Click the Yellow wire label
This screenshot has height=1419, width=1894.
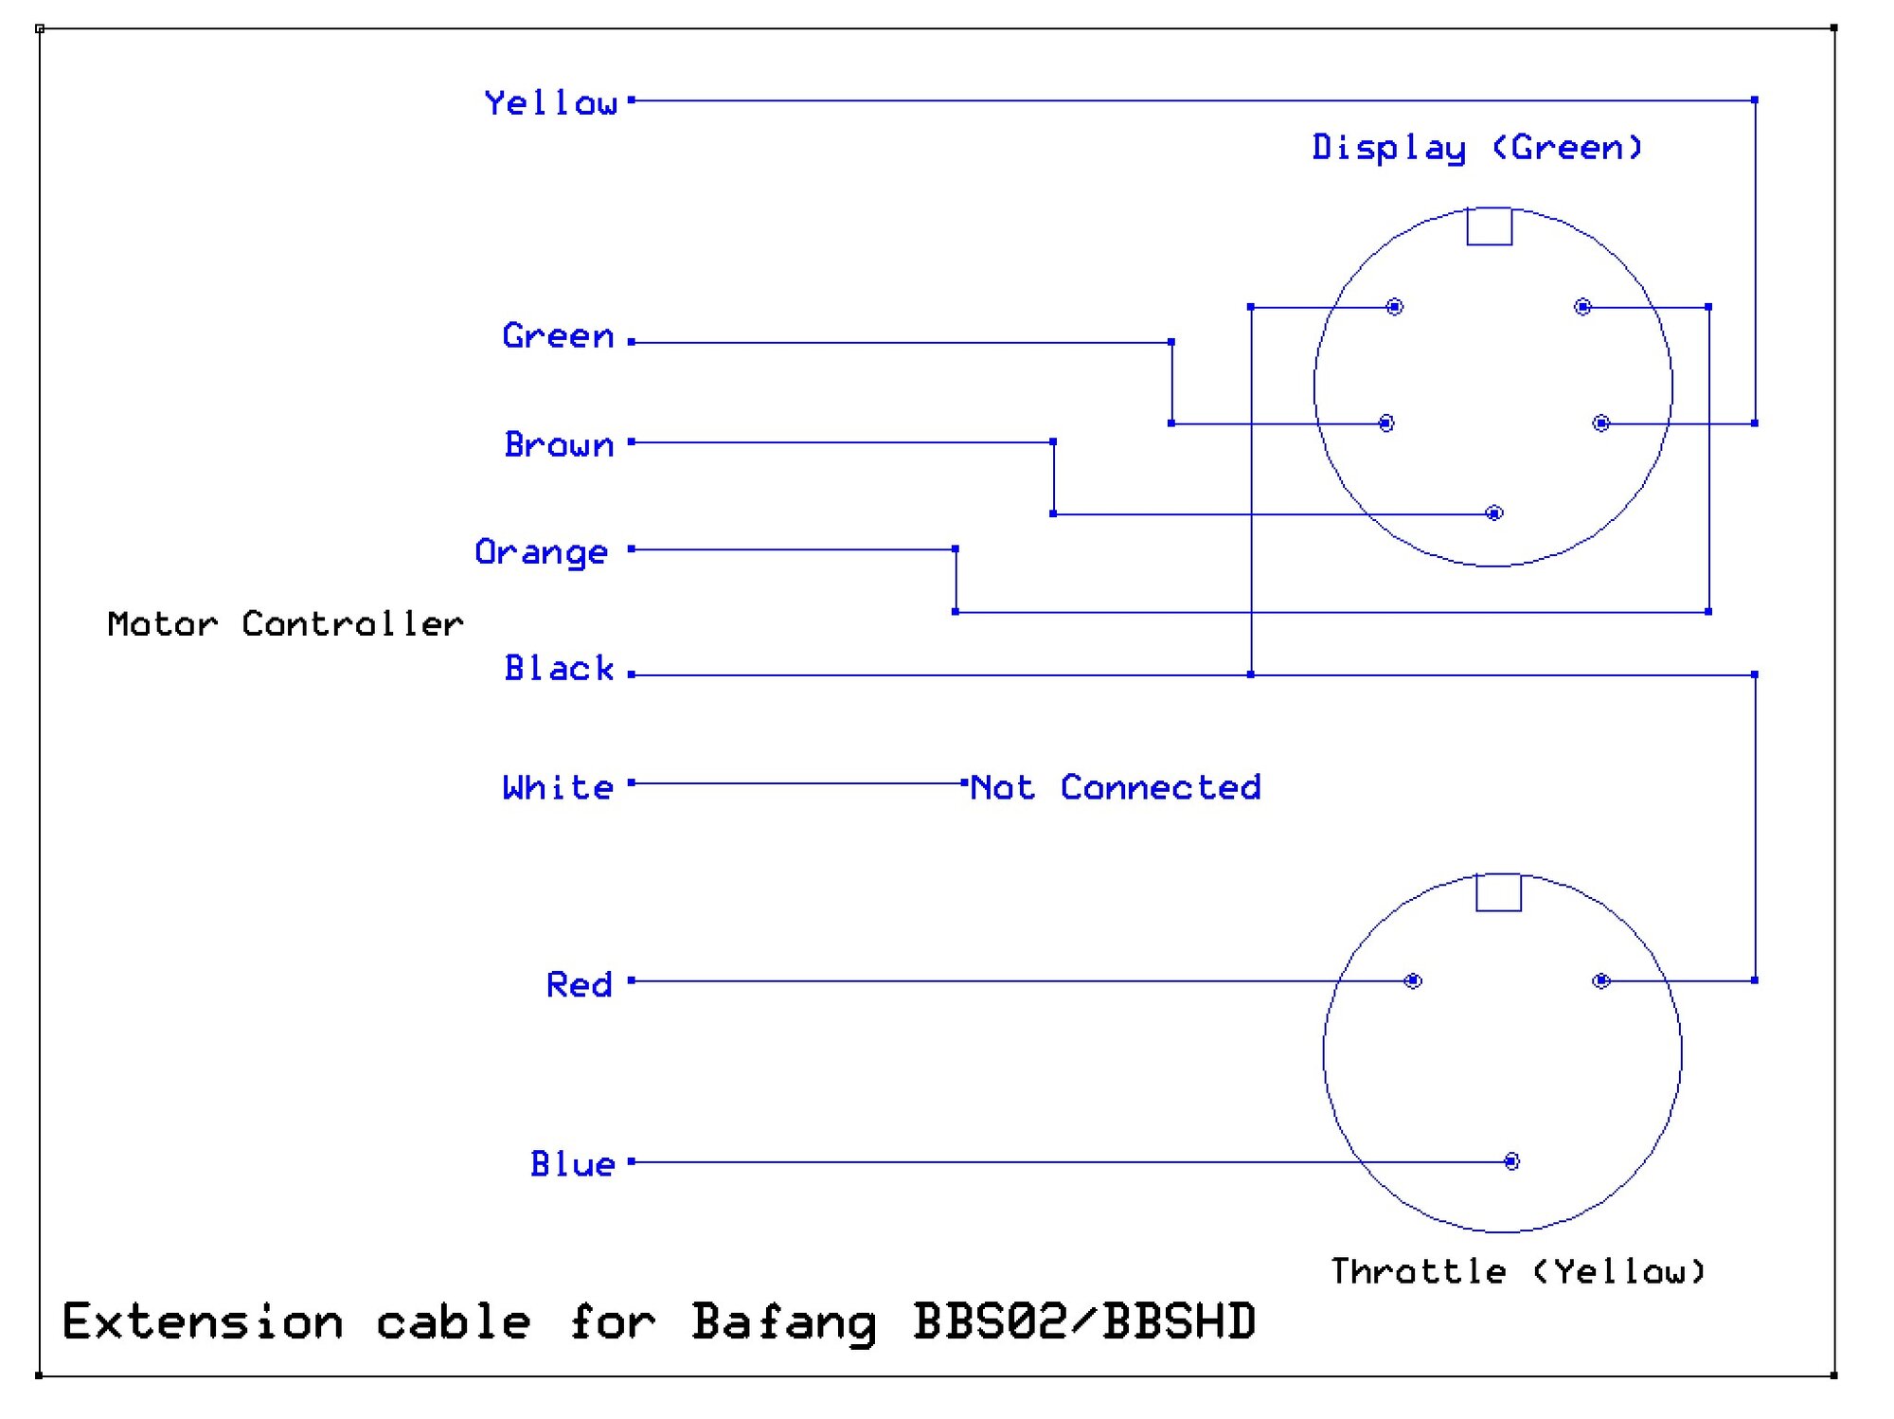coord(550,102)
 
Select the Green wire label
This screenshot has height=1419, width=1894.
coord(558,336)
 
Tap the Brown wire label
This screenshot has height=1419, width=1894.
coord(559,444)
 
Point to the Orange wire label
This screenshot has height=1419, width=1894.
coord(541,552)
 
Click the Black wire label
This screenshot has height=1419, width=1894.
coord(559,669)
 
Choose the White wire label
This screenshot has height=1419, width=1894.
coord(558,787)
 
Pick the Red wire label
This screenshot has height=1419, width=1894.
coord(579,985)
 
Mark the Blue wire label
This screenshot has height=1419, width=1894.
coord(572,1164)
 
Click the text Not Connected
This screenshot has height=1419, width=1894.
coord(1116,787)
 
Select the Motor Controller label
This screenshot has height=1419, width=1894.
coord(285,623)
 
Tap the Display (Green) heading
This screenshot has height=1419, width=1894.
coord(1476,148)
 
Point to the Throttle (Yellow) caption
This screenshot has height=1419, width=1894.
coord(1517,1271)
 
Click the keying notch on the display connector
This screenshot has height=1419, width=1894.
coord(1489,227)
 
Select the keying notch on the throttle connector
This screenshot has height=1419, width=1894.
coord(1498,892)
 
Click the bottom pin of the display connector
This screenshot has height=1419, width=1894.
coord(1494,513)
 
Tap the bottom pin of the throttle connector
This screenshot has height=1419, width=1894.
coord(1511,1161)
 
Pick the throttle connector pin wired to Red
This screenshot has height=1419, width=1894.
coord(1413,980)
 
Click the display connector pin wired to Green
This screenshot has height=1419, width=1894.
coord(1386,423)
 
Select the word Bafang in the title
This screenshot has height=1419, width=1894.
coord(783,1322)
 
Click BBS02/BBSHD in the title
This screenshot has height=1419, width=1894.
coord(1084,1321)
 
